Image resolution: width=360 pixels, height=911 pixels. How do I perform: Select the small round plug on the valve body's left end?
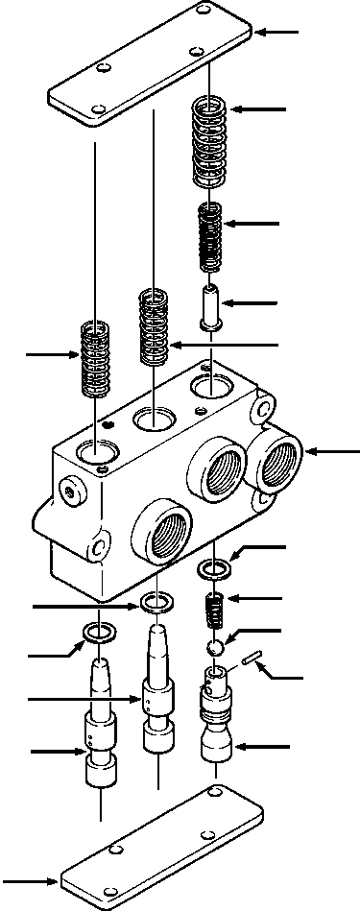(70, 491)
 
